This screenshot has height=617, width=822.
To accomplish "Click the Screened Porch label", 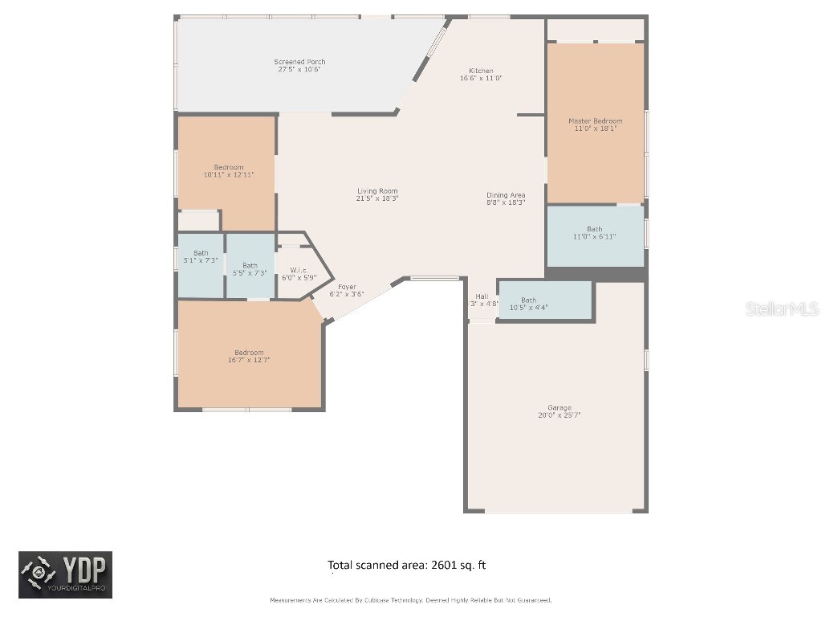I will (x=299, y=62).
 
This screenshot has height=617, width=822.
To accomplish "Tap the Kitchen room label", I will (x=481, y=71).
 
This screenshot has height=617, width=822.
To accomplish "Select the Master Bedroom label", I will (x=595, y=121).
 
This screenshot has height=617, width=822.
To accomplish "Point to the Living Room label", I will (x=377, y=191).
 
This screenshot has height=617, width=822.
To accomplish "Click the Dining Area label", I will (x=506, y=195).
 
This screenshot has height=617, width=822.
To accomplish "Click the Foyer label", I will (x=347, y=287).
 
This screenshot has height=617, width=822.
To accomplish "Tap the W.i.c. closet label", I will (x=299, y=270).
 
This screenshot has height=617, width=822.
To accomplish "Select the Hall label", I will (x=482, y=296).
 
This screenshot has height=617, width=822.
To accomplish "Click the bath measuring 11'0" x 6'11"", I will (x=594, y=236).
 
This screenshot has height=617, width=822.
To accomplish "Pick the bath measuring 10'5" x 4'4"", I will (x=528, y=307).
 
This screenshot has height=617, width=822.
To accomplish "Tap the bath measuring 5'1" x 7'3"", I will (x=200, y=260).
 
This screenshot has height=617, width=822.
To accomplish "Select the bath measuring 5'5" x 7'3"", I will (x=250, y=273).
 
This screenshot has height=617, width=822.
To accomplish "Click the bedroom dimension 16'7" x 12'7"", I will (x=249, y=360).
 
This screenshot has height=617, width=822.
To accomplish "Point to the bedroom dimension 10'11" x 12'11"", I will (x=229, y=174).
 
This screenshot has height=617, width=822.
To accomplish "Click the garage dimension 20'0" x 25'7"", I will (x=560, y=415).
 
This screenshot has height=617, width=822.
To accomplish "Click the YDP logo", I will (x=66, y=574).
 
